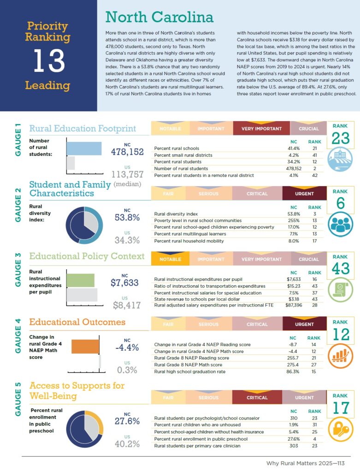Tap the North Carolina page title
click(159, 18)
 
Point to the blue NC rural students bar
click(84, 148)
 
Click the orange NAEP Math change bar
click(85, 346)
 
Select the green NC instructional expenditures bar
click(81, 280)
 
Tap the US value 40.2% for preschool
click(127, 444)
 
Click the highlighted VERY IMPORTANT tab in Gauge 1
click(262, 129)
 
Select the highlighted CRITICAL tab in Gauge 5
click(257, 397)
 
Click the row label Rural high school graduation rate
click(190, 372)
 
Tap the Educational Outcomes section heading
click(77, 322)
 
